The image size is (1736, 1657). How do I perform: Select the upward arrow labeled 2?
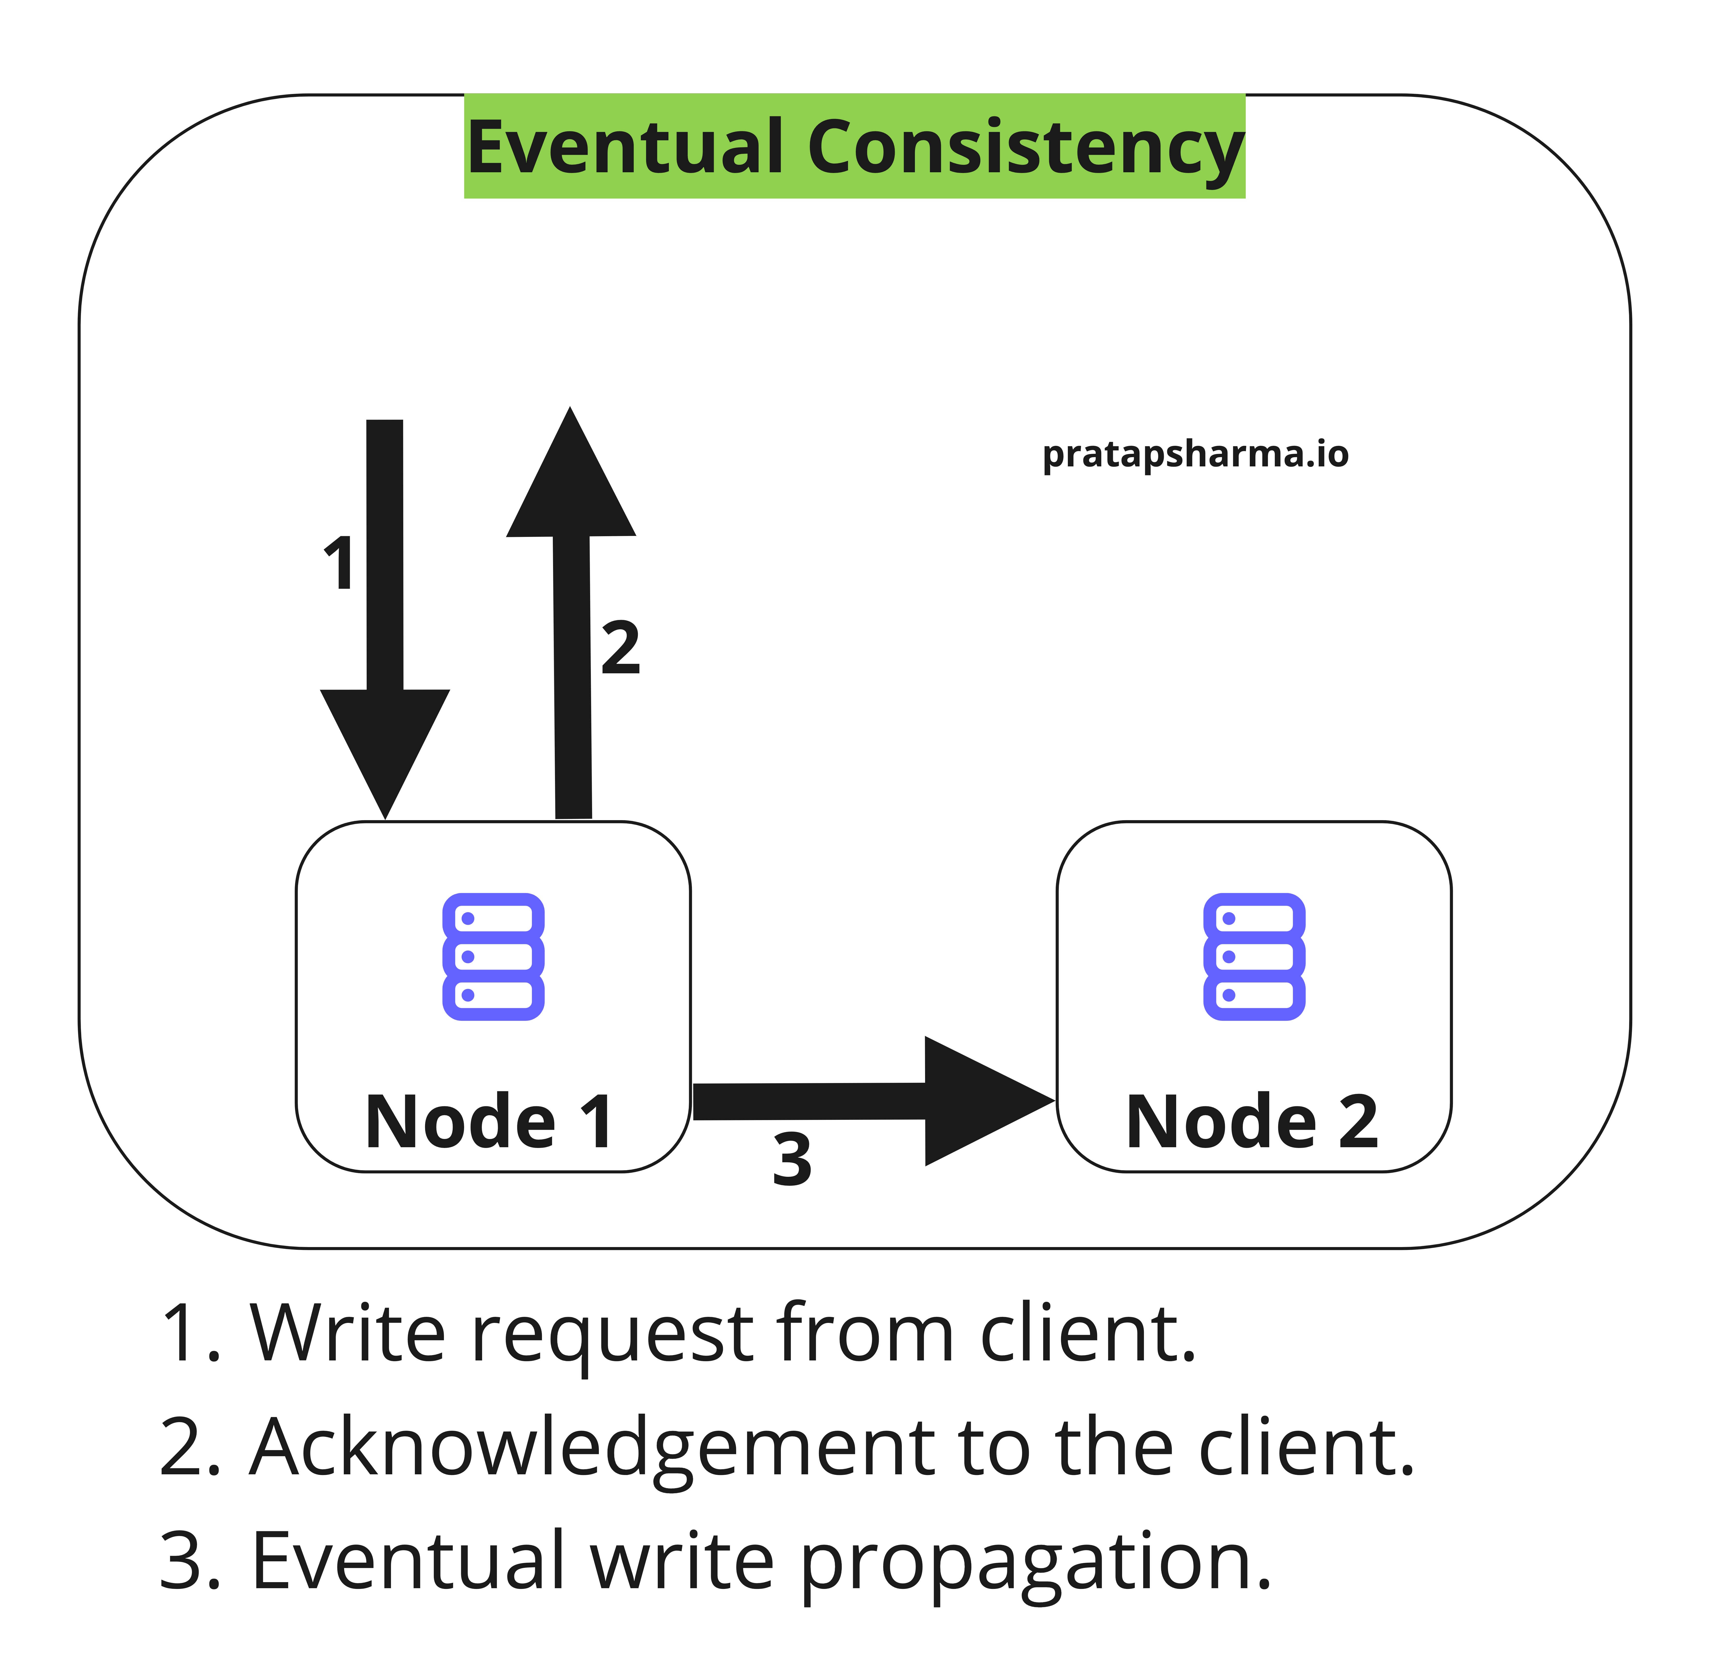(572, 618)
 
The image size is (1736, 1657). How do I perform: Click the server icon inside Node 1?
(493, 957)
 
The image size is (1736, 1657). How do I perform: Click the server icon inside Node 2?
(1254, 957)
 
